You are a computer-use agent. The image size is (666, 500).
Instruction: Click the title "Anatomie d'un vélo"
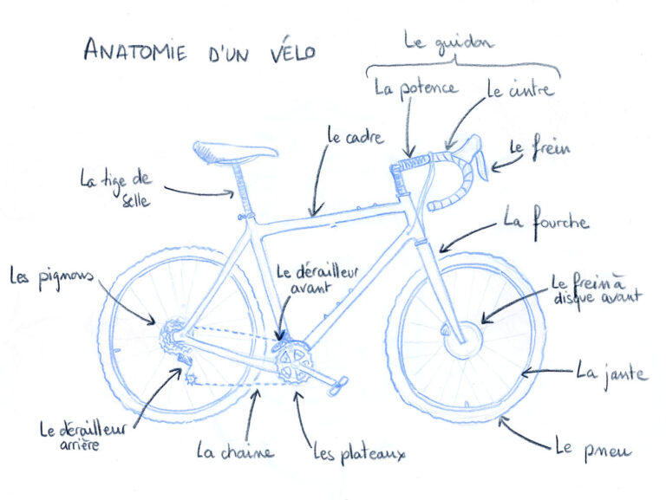point(199,50)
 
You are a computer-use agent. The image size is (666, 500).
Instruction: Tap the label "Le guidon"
point(448,42)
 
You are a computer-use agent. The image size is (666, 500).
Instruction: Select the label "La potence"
point(416,88)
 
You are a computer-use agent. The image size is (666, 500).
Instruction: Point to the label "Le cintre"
point(520,89)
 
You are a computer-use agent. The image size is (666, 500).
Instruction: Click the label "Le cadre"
point(356,137)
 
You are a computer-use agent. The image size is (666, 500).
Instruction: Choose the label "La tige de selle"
point(116,188)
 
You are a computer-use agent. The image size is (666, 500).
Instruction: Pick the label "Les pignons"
point(51,276)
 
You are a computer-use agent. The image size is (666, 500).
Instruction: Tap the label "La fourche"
point(546,223)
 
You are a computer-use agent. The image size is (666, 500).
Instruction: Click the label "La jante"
point(611,373)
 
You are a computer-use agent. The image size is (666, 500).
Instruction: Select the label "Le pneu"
point(593,449)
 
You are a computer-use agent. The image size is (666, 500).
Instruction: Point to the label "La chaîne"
point(235,451)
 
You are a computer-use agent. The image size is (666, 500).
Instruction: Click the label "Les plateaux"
point(359,453)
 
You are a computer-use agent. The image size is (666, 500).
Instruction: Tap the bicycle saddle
point(235,153)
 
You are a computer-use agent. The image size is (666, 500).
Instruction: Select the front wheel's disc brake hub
point(464,340)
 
